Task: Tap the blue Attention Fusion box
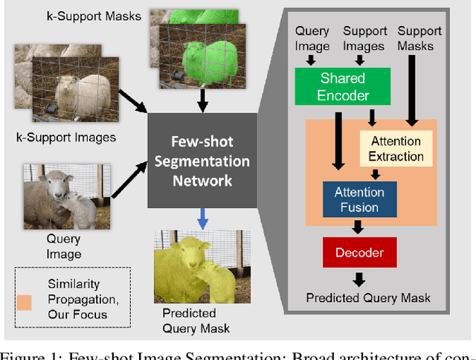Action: pyautogui.click(x=360, y=199)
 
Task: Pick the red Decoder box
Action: pyautogui.click(x=360, y=253)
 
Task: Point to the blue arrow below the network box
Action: pyautogui.click(x=202, y=216)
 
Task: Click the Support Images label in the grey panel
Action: pyautogui.click(x=364, y=38)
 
